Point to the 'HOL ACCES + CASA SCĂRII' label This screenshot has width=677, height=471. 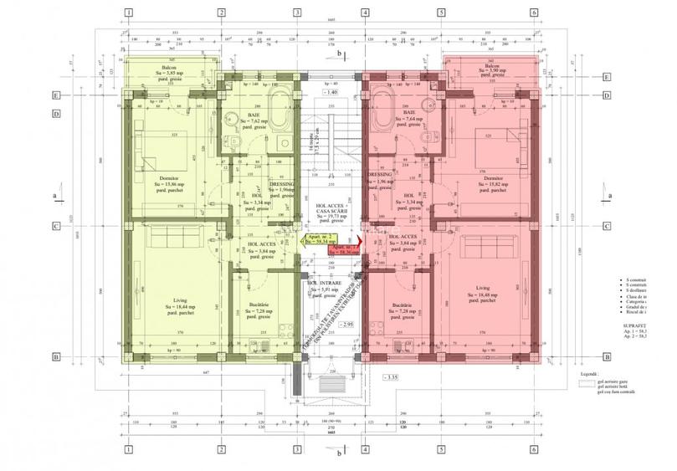(x=332, y=208)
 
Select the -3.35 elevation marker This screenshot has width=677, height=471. (x=391, y=377)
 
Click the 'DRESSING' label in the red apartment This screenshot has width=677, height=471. (x=381, y=175)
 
